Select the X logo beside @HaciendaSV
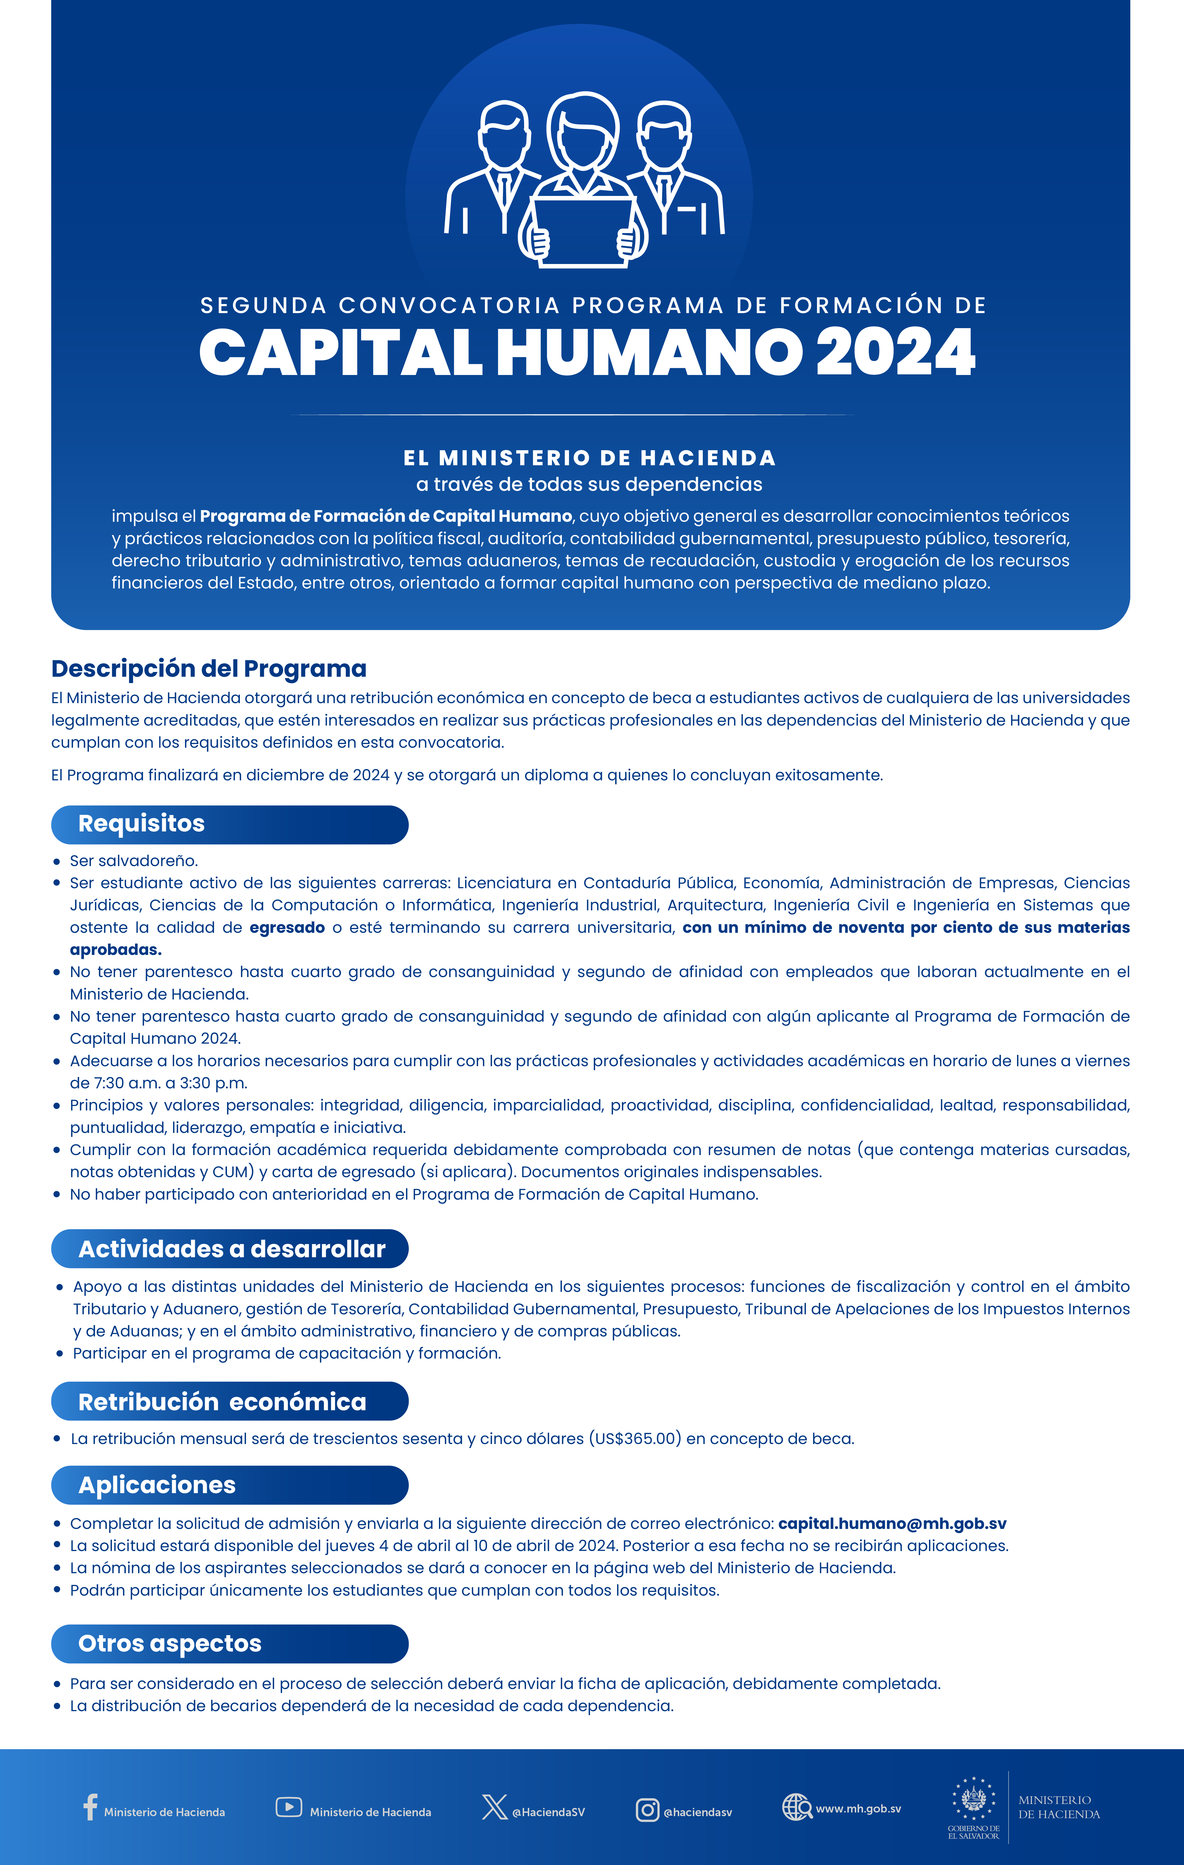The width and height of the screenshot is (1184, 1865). pyautogui.click(x=494, y=1807)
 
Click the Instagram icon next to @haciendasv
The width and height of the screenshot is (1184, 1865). pyautogui.click(x=647, y=1810)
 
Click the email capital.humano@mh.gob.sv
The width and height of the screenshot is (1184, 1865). pyautogui.click(x=892, y=1524)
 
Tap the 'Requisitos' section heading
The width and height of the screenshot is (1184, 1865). pyautogui.click(x=142, y=823)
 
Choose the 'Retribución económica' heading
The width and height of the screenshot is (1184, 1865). pyautogui.click(x=222, y=1402)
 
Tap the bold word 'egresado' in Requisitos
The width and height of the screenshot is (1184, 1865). pyautogui.click(x=287, y=927)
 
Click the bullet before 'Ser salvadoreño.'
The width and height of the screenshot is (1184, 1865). pyautogui.click(x=57, y=861)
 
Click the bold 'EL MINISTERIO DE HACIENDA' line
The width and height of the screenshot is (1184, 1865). pyautogui.click(x=590, y=458)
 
